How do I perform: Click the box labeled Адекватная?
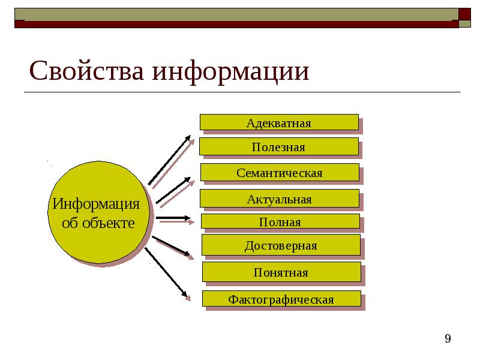[x=279, y=123]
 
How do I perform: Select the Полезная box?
[x=278, y=147]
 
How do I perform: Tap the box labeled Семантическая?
[x=280, y=173]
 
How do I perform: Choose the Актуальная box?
[x=279, y=199]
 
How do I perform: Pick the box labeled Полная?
[x=280, y=222]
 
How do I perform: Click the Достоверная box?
[x=281, y=245]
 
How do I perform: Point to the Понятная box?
[x=281, y=272]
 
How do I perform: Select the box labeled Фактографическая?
[x=281, y=299]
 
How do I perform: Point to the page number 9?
[x=448, y=340]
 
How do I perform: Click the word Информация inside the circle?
[x=96, y=204]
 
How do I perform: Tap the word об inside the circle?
[x=70, y=223]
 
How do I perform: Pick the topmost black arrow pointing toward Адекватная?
[x=169, y=160]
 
